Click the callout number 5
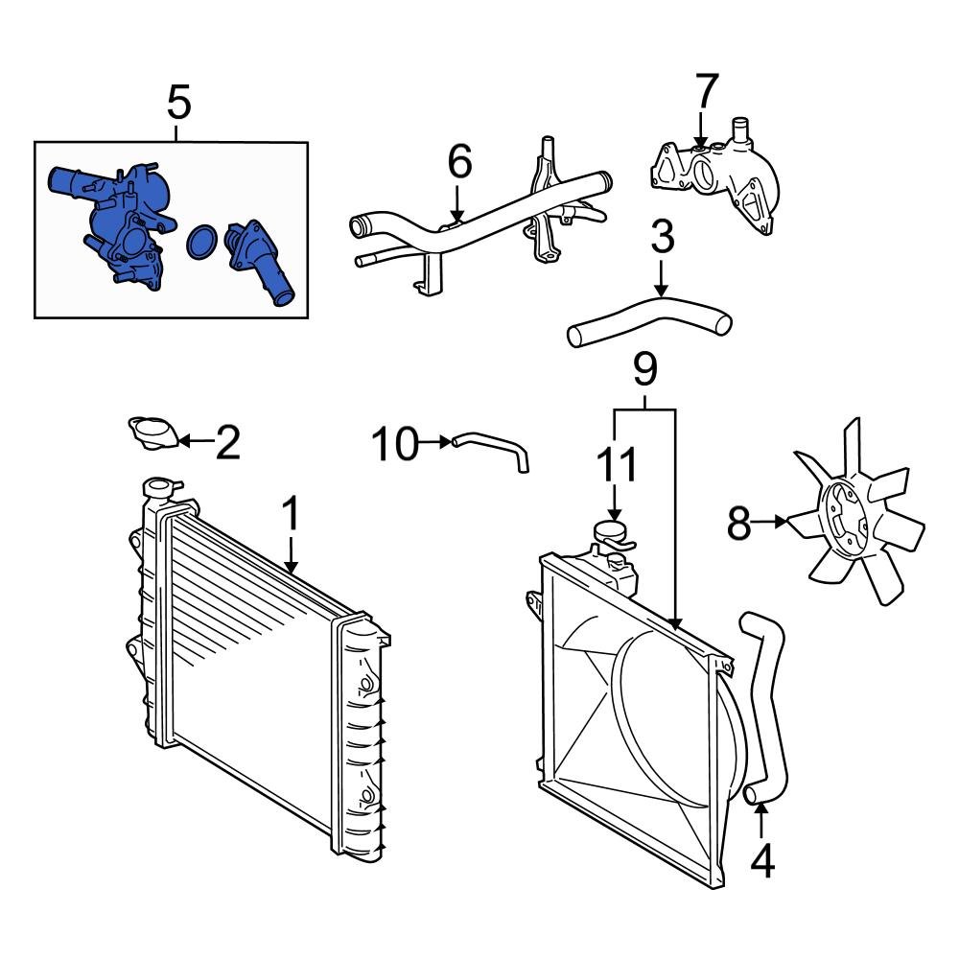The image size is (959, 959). (x=178, y=103)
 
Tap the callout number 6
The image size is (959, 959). (x=459, y=162)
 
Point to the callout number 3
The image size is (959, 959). (x=662, y=238)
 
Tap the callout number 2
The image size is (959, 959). (x=226, y=443)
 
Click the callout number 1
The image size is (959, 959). (x=290, y=515)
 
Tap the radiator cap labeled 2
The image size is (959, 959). (x=153, y=433)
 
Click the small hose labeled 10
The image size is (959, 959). (x=494, y=450)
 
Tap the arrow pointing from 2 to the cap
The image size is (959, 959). (x=191, y=442)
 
